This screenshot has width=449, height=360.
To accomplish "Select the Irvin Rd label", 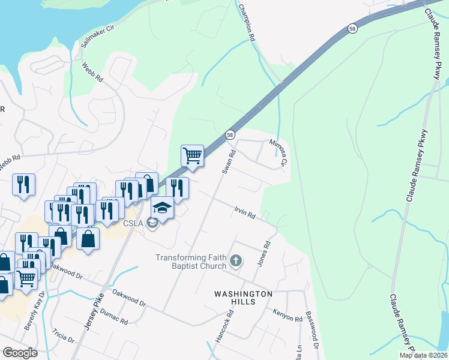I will pos(245,212).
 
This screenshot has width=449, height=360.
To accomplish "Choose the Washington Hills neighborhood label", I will pos(244,298).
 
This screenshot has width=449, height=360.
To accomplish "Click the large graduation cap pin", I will pos(162,208).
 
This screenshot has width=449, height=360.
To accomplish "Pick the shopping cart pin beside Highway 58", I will pos(192,156).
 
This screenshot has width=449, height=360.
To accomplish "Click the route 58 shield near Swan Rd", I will pos(230,136).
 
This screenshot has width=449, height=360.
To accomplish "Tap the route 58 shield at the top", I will pos(351,28).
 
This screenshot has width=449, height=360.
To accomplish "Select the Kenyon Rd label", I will pos(288,314).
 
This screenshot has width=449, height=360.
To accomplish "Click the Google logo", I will pos(20,353).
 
